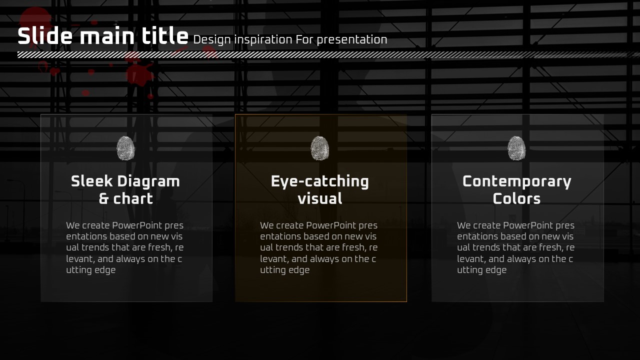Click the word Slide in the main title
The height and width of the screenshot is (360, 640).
click(45, 35)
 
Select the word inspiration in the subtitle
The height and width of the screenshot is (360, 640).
click(263, 40)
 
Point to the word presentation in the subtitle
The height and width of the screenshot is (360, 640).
click(352, 40)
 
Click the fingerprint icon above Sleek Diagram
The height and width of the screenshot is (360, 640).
click(125, 148)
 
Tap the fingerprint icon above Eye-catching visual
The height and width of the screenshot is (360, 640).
click(319, 148)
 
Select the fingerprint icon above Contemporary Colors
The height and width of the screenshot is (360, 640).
click(516, 148)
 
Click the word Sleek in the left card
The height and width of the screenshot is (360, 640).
click(91, 181)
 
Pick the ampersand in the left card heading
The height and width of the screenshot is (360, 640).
click(103, 199)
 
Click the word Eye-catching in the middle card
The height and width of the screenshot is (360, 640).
click(320, 182)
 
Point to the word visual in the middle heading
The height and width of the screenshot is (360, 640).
click(320, 198)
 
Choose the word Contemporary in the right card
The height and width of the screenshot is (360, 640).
click(517, 182)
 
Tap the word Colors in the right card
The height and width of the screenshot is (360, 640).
click(516, 198)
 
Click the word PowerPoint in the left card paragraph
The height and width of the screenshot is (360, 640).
click(137, 225)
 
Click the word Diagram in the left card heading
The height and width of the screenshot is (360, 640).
click(148, 182)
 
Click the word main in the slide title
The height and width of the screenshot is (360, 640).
click(107, 36)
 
